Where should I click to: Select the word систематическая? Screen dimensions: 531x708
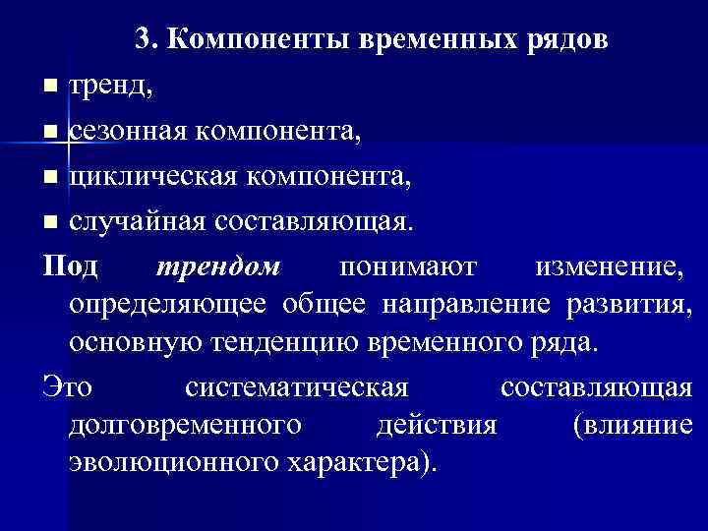point(295,387)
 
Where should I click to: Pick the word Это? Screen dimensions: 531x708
point(67,387)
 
